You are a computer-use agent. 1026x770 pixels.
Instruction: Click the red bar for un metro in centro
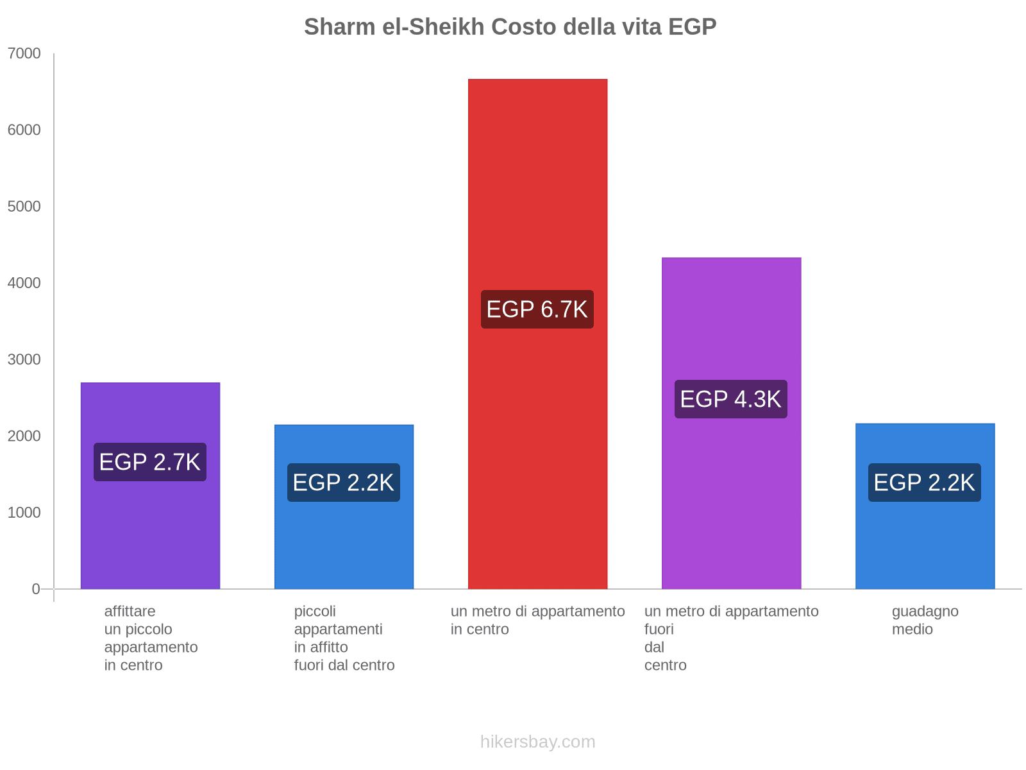[537, 193]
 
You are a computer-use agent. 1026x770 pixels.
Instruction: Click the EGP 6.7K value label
[537, 309]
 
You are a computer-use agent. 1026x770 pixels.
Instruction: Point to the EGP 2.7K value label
[150, 462]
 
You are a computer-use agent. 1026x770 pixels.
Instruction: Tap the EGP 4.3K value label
[731, 399]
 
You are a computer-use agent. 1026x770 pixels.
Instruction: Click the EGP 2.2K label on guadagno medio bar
[925, 483]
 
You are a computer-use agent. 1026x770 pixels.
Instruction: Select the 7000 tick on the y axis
[24, 54]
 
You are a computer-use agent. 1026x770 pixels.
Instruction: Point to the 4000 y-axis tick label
[24, 283]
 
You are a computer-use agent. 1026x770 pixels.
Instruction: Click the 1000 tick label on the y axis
[24, 512]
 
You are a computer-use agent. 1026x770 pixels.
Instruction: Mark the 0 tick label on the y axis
[36, 589]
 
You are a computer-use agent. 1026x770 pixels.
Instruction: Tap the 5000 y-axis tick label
[24, 207]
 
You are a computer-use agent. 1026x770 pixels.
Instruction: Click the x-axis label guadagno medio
[925, 620]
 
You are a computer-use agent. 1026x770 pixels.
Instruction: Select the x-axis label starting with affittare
[151, 638]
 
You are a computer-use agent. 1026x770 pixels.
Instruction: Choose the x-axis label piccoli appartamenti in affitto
[344, 638]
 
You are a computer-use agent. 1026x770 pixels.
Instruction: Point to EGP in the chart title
[692, 27]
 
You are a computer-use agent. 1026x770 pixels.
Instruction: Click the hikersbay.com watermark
[537, 742]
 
